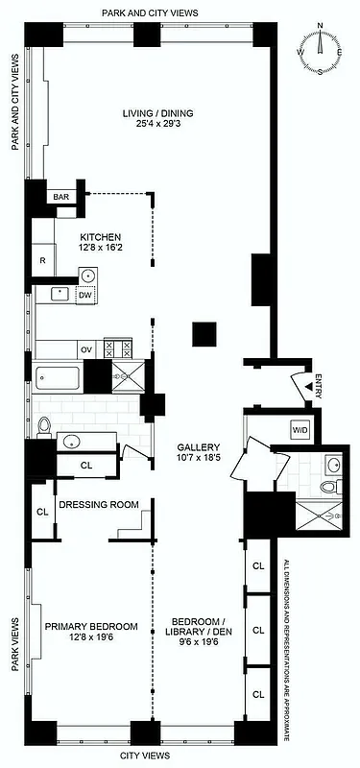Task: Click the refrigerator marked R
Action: tap(44, 260)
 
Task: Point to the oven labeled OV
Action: tap(85, 349)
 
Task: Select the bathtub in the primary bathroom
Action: tap(60, 378)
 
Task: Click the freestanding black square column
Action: tap(204, 334)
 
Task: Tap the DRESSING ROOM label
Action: tap(99, 504)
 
